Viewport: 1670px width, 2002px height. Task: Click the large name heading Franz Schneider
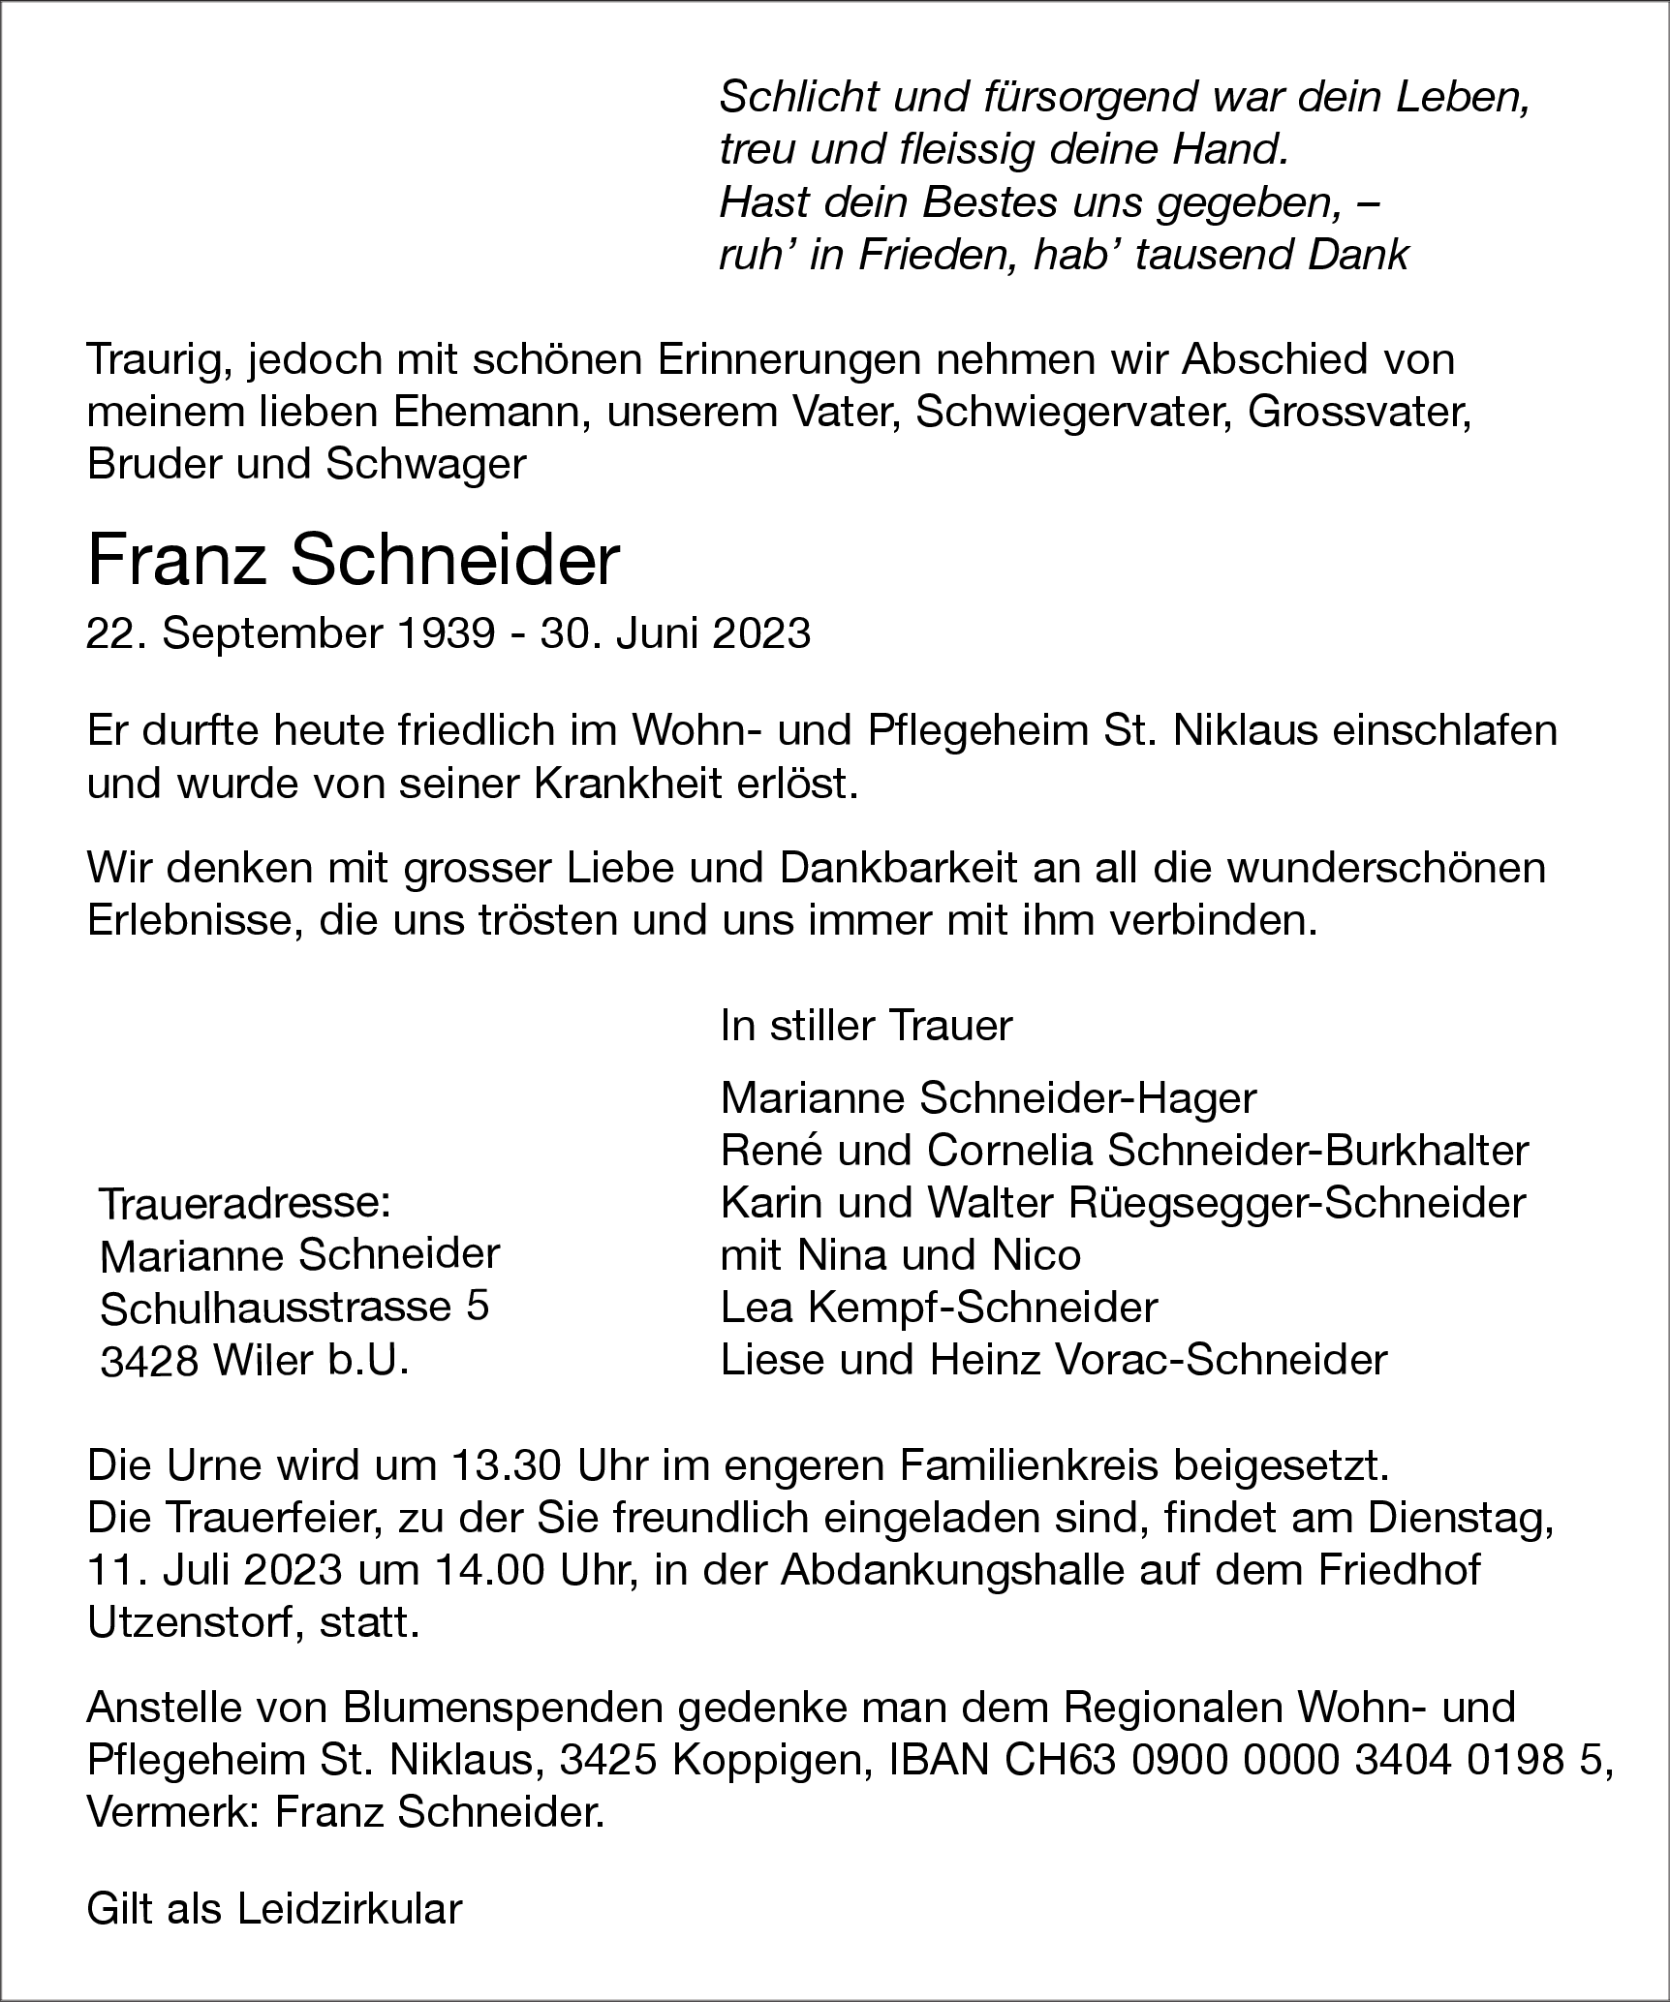[353, 562]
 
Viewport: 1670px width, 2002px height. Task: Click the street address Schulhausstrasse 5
[294, 1309]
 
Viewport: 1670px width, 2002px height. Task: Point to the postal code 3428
[148, 1361]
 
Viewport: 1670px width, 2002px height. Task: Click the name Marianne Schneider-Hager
[988, 1098]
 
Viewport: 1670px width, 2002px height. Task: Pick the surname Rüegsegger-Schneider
[1298, 1203]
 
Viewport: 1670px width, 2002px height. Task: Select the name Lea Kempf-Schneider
[939, 1308]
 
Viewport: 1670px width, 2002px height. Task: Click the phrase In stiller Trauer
[866, 1026]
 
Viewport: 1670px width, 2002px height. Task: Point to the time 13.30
[506, 1466]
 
